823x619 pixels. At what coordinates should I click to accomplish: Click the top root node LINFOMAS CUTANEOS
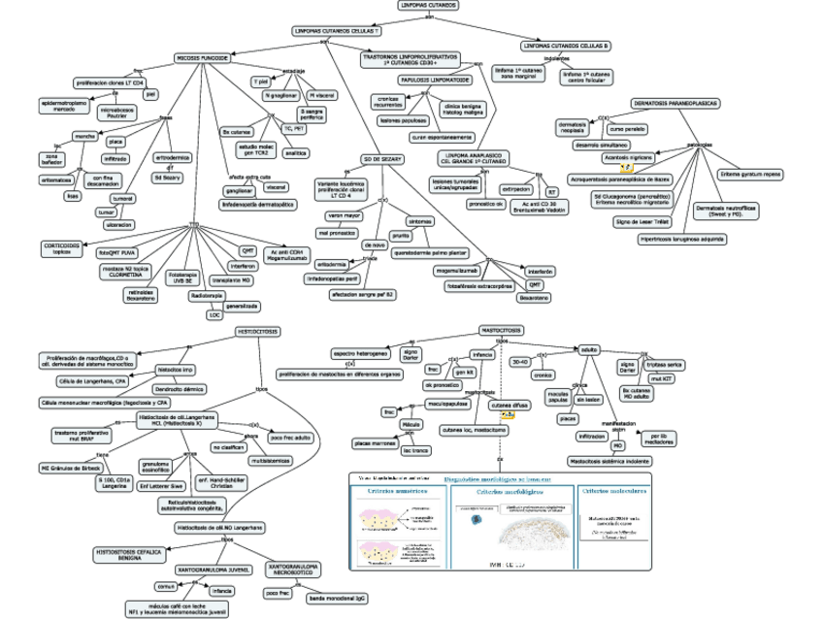(x=428, y=5)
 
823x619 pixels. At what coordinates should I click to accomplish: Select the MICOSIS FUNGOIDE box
(x=202, y=58)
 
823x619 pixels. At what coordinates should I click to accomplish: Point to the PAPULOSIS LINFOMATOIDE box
(x=435, y=80)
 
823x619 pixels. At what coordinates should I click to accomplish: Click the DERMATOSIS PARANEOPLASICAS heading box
(x=675, y=103)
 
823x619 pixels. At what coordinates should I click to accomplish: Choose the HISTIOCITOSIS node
(x=258, y=332)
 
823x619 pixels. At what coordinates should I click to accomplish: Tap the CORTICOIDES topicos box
(x=61, y=248)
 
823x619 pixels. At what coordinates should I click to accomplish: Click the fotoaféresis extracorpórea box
(x=478, y=286)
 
